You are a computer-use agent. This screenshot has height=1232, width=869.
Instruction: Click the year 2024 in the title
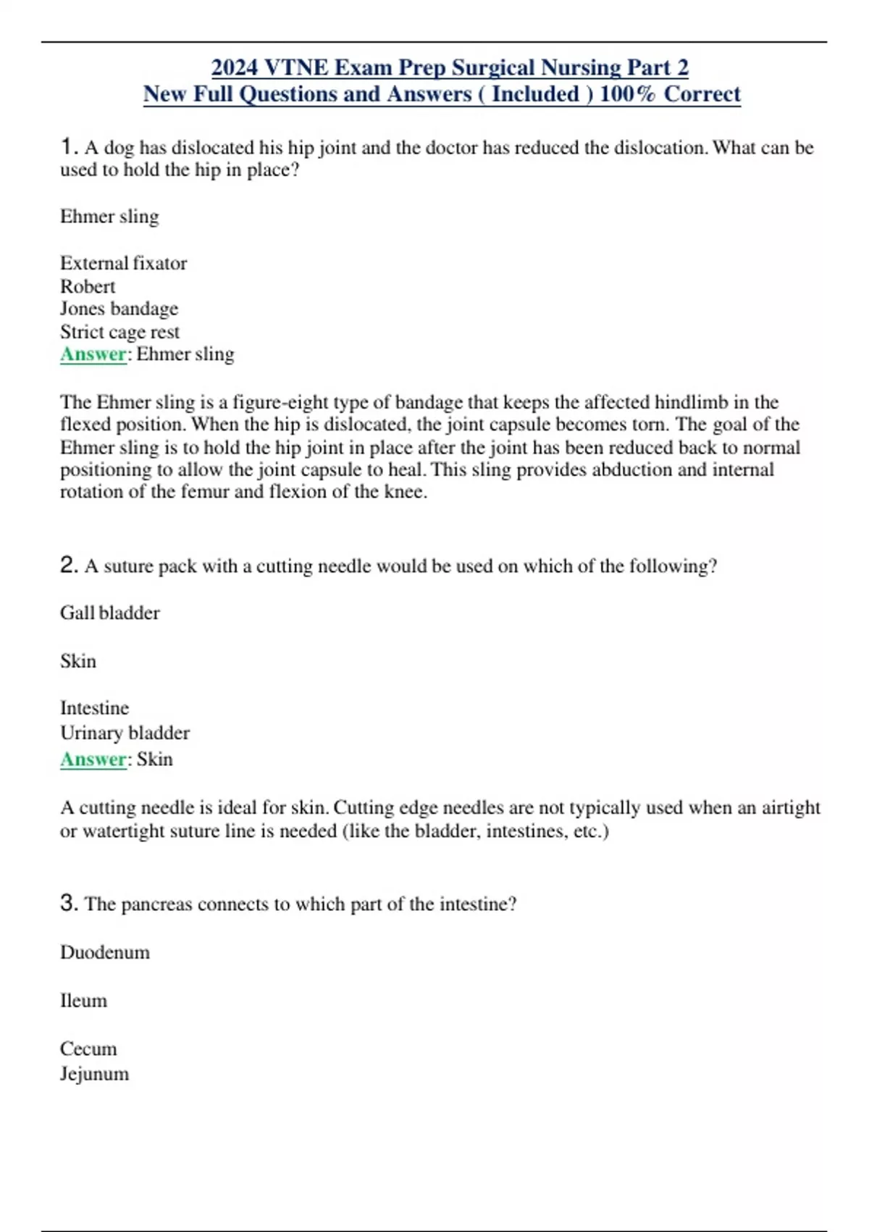pyautogui.click(x=235, y=67)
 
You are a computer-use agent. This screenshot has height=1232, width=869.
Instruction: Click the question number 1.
pyautogui.click(x=68, y=147)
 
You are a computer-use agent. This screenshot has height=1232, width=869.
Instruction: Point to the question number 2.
pyautogui.click(x=68, y=565)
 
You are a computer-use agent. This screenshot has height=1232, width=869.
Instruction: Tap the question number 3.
pyautogui.click(x=68, y=903)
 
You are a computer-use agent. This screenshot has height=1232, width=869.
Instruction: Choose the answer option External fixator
pyautogui.click(x=123, y=262)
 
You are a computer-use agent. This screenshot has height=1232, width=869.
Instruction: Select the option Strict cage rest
pyautogui.click(x=119, y=332)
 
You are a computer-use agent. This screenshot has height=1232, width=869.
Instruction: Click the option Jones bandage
pyautogui.click(x=119, y=309)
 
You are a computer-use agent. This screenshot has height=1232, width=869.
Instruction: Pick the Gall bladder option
pyautogui.click(x=109, y=613)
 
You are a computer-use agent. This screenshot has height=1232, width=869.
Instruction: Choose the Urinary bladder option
pyautogui.click(x=125, y=733)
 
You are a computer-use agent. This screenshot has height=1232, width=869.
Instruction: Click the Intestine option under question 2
pyautogui.click(x=94, y=708)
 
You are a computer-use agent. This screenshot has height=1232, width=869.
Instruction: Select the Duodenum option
pyautogui.click(x=105, y=952)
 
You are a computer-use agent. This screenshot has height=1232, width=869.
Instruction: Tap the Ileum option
pyautogui.click(x=83, y=1001)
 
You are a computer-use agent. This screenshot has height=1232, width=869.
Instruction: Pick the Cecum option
pyautogui.click(x=88, y=1049)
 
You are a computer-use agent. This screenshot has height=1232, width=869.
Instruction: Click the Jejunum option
pyautogui.click(x=94, y=1073)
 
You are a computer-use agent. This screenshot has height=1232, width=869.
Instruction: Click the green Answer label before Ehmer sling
pyautogui.click(x=93, y=354)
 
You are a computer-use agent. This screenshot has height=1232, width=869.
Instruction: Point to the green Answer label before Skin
pyautogui.click(x=93, y=759)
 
